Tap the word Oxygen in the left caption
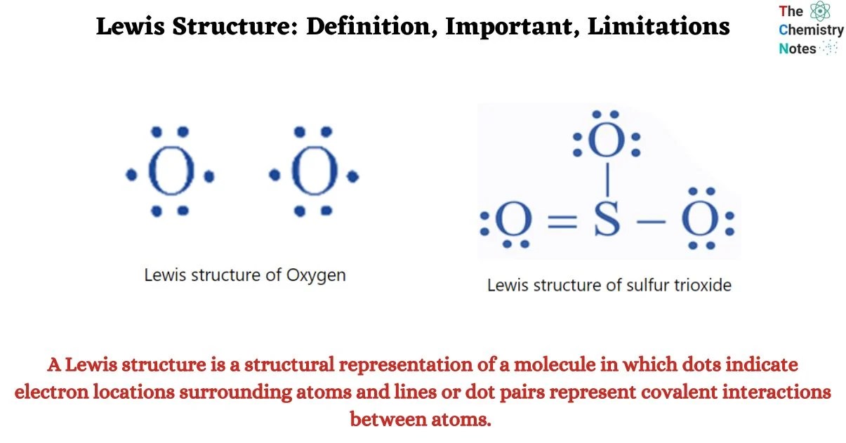coord(316,275)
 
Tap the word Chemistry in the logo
coord(811,30)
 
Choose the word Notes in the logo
coord(798,49)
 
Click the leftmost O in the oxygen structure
coord(170,171)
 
